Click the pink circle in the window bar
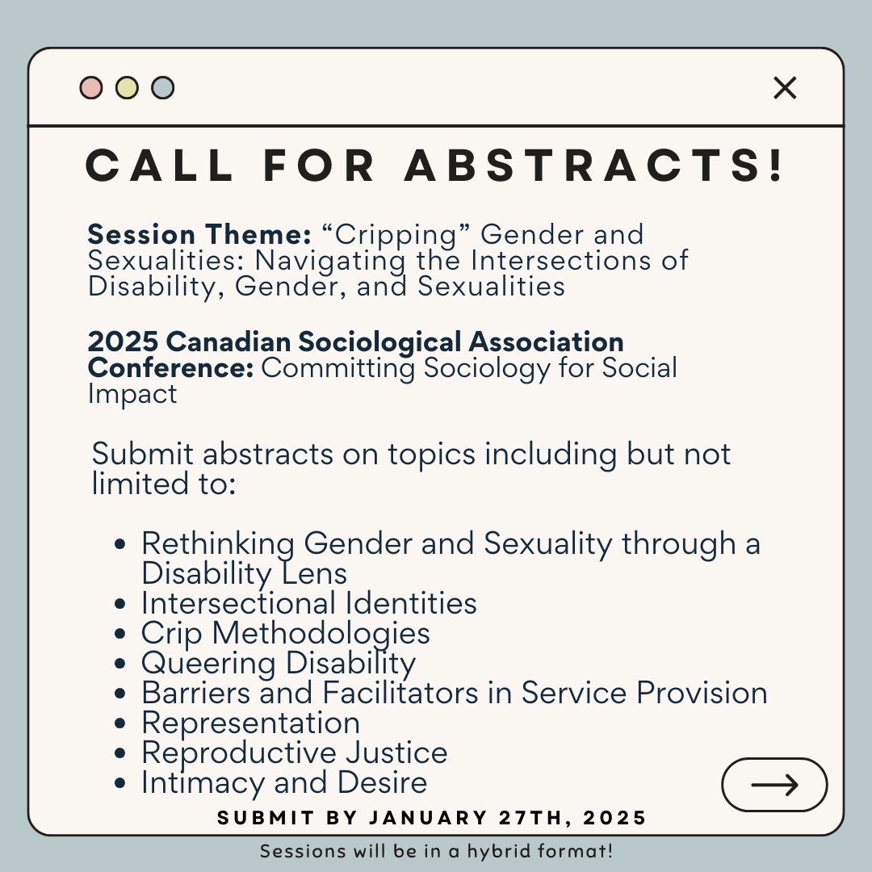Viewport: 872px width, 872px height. pyautogui.click(x=91, y=87)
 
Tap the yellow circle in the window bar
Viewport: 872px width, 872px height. pyautogui.click(x=127, y=87)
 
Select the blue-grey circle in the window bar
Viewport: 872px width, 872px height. pyautogui.click(x=162, y=87)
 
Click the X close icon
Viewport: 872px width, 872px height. pyautogui.click(x=785, y=88)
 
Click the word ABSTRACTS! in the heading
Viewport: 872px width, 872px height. pyautogui.click(x=594, y=166)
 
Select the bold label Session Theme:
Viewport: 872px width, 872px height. pyautogui.click(x=199, y=235)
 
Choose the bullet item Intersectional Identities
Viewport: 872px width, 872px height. pyautogui.click(x=308, y=603)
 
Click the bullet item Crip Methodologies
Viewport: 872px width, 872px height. pyautogui.click(x=285, y=633)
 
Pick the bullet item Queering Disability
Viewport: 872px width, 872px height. pyautogui.click(x=279, y=663)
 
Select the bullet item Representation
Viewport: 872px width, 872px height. pyautogui.click(x=250, y=723)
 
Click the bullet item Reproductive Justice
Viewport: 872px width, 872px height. pyautogui.click(x=294, y=753)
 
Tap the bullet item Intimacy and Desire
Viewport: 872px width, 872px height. pyautogui.click(x=284, y=782)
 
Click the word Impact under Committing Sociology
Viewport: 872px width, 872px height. pyautogui.click(x=132, y=395)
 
